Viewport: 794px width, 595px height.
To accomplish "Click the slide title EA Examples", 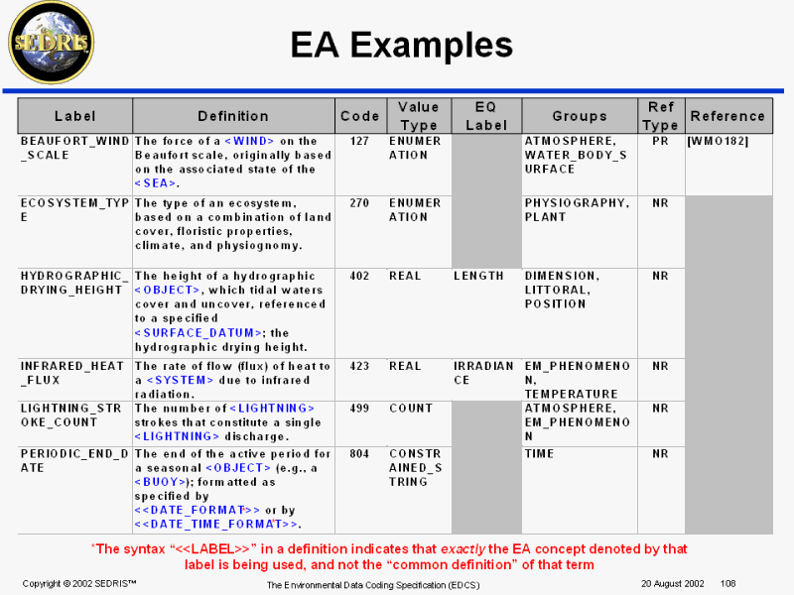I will pyautogui.click(x=401, y=45).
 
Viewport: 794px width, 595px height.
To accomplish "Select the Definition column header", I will pyautogui.click(x=233, y=116).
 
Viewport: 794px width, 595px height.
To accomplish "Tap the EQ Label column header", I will pyautogui.click(x=486, y=116).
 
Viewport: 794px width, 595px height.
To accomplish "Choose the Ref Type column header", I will pyautogui.click(x=660, y=116).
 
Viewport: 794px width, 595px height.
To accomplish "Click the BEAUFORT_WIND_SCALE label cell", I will pyautogui.click(x=74, y=148).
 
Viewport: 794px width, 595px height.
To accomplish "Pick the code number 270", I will pyautogui.click(x=359, y=202).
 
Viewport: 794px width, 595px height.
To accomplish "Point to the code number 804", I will pyautogui.click(x=359, y=453).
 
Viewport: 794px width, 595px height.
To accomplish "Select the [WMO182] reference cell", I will pyautogui.click(x=718, y=141).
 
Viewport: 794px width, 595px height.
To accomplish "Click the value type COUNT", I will pyautogui.click(x=411, y=408).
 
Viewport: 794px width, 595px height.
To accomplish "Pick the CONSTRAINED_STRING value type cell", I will pyautogui.click(x=414, y=467).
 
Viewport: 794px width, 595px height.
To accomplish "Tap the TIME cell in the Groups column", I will pyautogui.click(x=539, y=453).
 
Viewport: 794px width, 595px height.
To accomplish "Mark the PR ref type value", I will pyautogui.click(x=660, y=141).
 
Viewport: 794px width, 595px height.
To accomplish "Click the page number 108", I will pyautogui.click(x=728, y=583).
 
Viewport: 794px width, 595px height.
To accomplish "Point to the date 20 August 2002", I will pyautogui.click(x=672, y=583).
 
